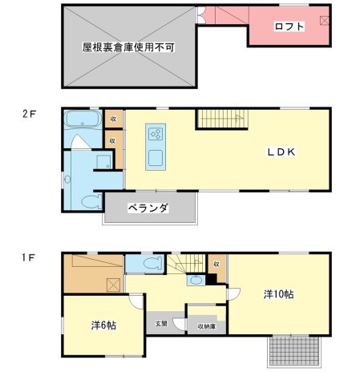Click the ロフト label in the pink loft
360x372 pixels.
[x=289, y=26]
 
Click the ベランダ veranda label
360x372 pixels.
[x=149, y=208]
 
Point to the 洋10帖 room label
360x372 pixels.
[x=278, y=294]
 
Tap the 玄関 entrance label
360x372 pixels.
[x=161, y=323]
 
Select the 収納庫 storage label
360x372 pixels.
[x=207, y=325]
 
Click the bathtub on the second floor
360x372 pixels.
[x=81, y=122]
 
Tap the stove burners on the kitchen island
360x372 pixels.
[x=156, y=134]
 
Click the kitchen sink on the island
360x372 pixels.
[x=156, y=156]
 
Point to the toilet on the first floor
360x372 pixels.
[x=148, y=265]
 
